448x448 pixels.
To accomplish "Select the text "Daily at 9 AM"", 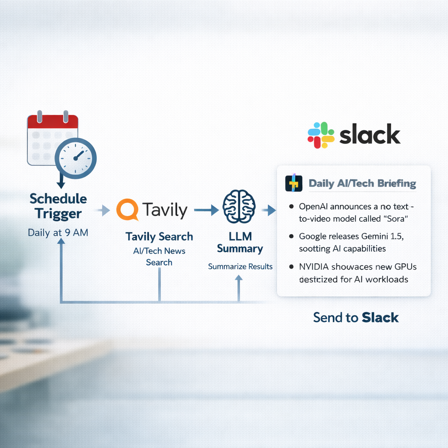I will (58, 232).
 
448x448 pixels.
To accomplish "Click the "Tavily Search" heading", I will (159, 237).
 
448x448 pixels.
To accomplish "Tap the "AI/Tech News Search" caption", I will (159, 256).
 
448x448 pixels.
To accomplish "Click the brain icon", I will (238, 206).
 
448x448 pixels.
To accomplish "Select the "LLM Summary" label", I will (240, 242).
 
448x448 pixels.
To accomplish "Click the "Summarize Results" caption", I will (240, 266).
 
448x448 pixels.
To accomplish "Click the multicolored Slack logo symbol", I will (321, 135).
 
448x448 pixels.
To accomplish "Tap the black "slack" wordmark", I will (370, 135).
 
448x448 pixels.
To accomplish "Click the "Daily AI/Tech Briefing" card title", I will (362, 183).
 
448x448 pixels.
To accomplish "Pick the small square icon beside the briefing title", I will (294, 183).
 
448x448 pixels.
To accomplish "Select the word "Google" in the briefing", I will (314, 236).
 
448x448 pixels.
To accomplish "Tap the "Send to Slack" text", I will (356, 317).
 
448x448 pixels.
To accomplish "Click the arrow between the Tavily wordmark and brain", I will (206, 210).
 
